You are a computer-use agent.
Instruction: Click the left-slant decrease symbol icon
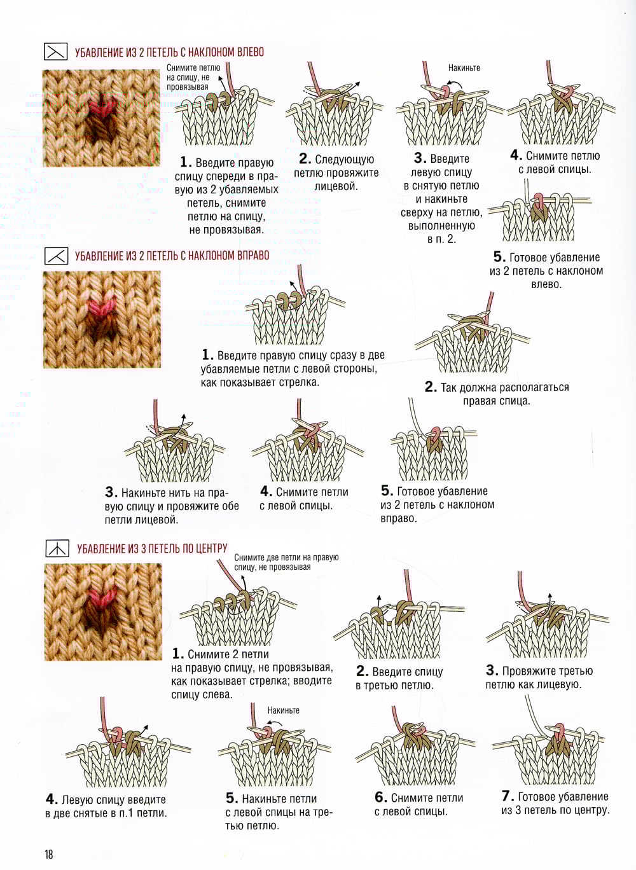[x=55, y=52]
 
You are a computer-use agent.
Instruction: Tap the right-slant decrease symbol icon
[x=57, y=256]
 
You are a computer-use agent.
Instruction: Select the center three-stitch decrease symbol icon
[x=57, y=548]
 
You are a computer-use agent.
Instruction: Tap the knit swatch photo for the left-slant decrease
[x=101, y=118]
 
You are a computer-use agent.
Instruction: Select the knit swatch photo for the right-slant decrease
[x=102, y=319]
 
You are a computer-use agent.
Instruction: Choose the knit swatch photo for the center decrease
[x=103, y=612]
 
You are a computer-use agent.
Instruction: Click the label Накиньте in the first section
[x=464, y=68]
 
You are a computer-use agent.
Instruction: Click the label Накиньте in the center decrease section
[x=283, y=710]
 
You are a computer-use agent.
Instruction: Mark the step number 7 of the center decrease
[x=506, y=796]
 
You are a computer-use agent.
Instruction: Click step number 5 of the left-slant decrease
[x=498, y=257]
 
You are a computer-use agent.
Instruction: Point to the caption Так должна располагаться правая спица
[x=497, y=394]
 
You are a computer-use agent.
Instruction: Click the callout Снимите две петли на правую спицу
[x=286, y=562]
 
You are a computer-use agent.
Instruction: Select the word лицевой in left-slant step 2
[x=336, y=186]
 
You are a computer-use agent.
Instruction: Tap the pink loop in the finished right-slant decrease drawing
[x=435, y=434]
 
